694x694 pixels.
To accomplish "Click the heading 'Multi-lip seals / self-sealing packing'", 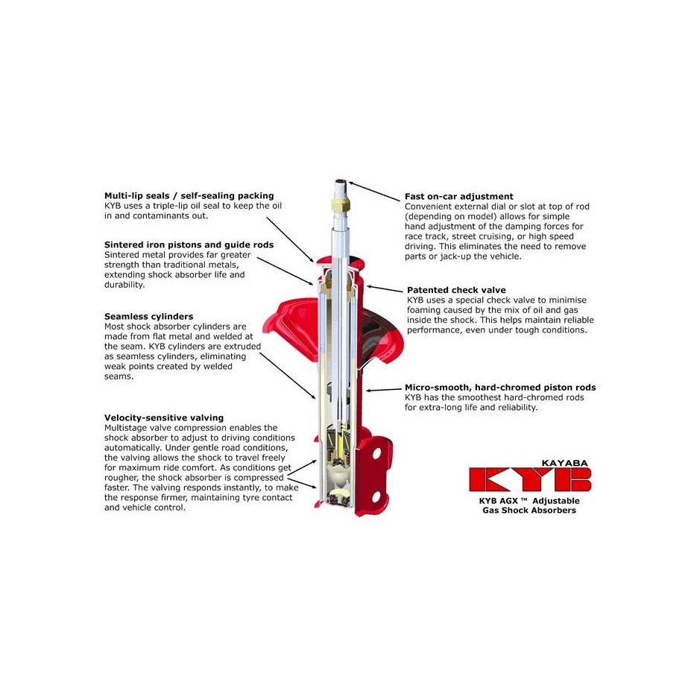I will pos(189,196).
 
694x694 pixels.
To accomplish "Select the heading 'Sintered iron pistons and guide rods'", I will pos(189,245).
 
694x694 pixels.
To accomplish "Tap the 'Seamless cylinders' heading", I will pos(149,317).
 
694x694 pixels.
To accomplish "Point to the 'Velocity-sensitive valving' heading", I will pos(164,418).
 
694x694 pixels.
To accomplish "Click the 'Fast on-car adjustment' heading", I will pos(458,196).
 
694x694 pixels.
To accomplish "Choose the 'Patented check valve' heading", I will pos(456,290).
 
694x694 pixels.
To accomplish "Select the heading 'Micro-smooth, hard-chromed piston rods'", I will pos(500,388).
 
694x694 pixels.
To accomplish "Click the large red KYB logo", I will pos(529,479).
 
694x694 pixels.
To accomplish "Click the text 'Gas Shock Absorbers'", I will pos(529,511).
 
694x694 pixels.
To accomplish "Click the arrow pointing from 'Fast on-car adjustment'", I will pos(373,191).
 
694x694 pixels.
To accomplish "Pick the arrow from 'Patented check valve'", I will pos(384,288).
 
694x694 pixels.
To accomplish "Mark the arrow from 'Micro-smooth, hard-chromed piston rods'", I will pos(384,390).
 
